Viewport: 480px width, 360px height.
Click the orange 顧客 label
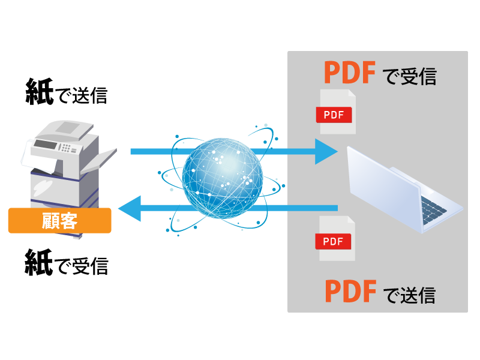coord(59,221)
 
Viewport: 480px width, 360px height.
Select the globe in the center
coord(222,178)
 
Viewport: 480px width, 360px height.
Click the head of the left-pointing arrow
coord(129,208)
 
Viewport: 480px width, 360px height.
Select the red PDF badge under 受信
coord(334,115)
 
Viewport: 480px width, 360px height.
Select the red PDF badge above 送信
coord(333,241)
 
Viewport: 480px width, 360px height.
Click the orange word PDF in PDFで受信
coord(349,73)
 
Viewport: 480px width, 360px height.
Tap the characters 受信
coord(419,76)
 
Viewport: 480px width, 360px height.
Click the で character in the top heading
coord(390,77)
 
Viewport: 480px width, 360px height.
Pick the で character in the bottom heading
coord(390,295)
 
